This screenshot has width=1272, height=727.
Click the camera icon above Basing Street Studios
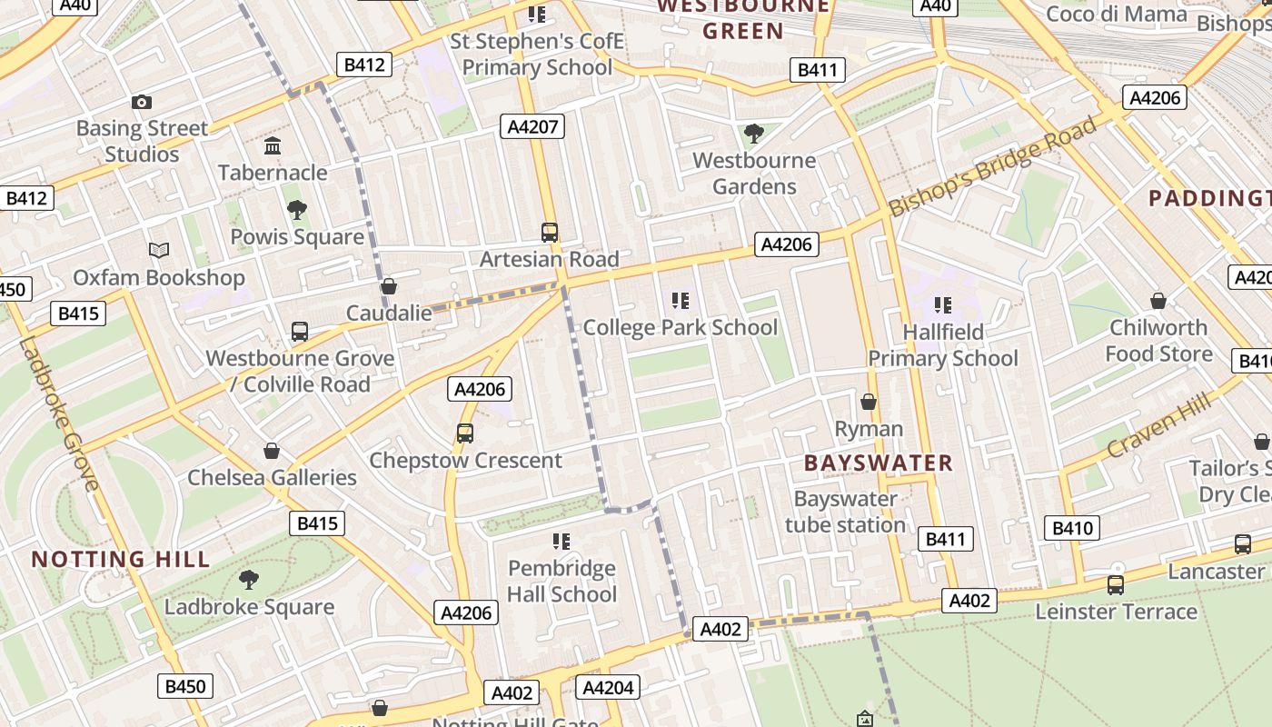click(x=141, y=103)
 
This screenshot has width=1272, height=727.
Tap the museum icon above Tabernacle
click(x=273, y=146)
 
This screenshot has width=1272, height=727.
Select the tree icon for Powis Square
click(x=296, y=211)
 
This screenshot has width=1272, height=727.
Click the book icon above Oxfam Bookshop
click(x=159, y=250)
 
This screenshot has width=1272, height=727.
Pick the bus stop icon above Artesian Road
click(x=550, y=232)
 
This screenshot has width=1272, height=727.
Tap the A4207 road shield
click(x=532, y=126)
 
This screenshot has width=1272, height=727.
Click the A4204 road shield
click(x=607, y=687)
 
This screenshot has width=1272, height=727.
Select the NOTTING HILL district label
click(x=121, y=559)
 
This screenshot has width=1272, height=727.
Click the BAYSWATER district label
click(x=879, y=463)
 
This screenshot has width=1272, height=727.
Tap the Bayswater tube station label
click(x=845, y=512)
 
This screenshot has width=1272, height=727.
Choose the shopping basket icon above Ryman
click(x=869, y=402)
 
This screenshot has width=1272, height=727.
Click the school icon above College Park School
click(x=680, y=301)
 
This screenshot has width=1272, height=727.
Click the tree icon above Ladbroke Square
click(x=248, y=580)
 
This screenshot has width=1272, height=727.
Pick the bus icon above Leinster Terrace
click(x=1116, y=584)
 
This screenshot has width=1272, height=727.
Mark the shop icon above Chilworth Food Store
click(x=1158, y=301)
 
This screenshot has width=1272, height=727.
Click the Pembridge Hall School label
click(x=561, y=582)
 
